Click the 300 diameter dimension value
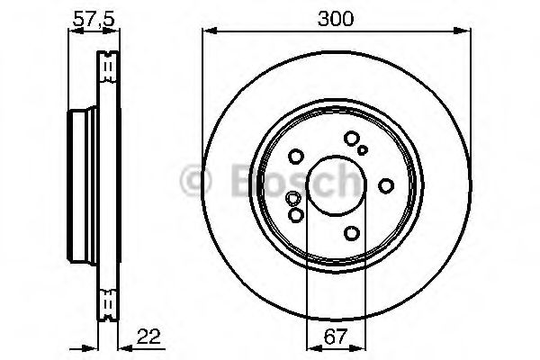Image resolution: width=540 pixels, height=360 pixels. click(x=336, y=16)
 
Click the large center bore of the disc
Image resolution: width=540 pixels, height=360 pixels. click(x=336, y=186)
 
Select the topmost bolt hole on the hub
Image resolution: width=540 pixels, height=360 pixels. click(x=351, y=139)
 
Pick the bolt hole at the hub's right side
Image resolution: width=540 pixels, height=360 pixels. click(x=386, y=185)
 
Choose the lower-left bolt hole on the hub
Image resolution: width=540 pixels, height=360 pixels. click(x=296, y=215)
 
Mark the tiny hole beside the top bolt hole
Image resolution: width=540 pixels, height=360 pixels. click(x=363, y=150)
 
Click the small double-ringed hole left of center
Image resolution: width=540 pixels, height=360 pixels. click(x=291, y=199)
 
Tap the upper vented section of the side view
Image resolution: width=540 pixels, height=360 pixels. click(x=106, y=67)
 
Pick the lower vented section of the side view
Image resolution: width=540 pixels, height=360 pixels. click(x=106, y=303)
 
